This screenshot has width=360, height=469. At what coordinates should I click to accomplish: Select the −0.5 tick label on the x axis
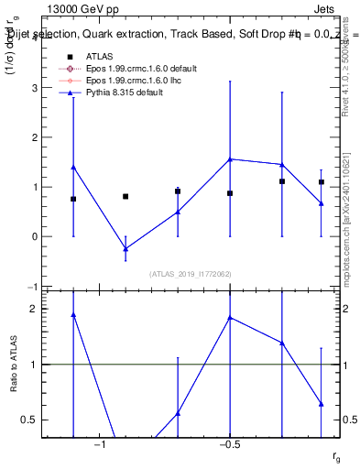tap(229, 444)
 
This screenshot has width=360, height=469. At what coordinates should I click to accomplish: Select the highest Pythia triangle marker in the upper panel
tap(230, 158)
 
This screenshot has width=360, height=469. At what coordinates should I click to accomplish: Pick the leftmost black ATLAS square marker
tap(73, 199)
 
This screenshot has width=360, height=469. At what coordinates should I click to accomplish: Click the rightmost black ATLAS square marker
tap(322, 182)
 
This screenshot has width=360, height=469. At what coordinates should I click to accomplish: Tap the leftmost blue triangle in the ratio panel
tap(73, 314)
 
